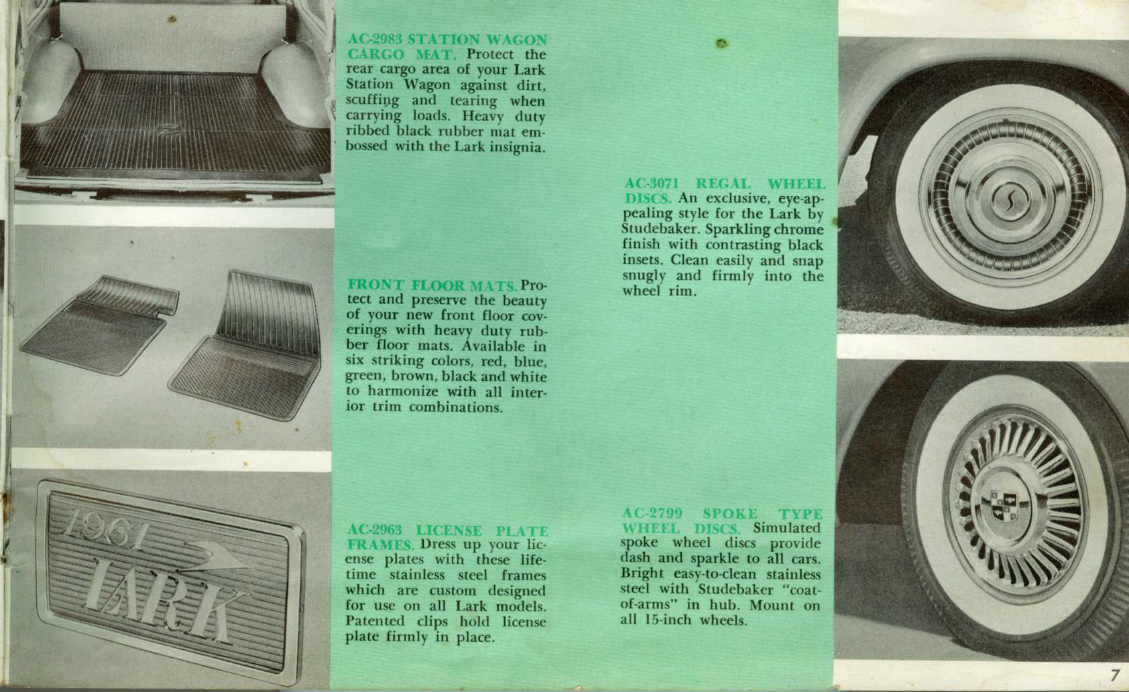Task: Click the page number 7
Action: click(x=1114, y=675)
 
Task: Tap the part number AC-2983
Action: click(x=375, y=40)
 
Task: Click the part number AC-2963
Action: click(x=375, y=530)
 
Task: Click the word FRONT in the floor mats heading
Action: click(x=375, y=285)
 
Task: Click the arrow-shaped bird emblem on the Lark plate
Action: click(x=215, y=557)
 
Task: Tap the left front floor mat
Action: click(x=99, y=324)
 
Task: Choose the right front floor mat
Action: click(x=245, y=346)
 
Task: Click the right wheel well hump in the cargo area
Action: click(x=296, y=86)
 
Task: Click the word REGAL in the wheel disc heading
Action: click(x=723, y=184)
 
